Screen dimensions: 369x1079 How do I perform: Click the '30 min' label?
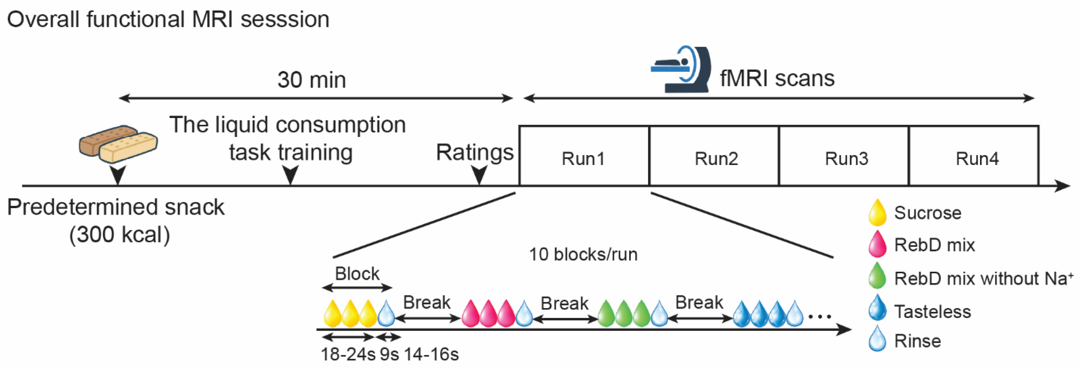point(312,80)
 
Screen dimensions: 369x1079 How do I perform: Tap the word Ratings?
point(475,152)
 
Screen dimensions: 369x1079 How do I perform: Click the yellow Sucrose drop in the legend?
point(877,213)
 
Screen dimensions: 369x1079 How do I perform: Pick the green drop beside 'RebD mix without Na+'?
point(877,276)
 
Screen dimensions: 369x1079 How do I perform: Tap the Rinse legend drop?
point(877,339)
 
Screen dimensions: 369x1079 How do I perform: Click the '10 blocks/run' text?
point(583,254)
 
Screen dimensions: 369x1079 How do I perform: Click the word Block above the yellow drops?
point(357,274)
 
